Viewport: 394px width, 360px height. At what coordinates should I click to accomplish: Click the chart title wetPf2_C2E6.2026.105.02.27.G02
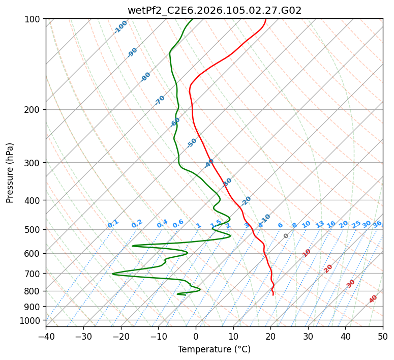[214, 10]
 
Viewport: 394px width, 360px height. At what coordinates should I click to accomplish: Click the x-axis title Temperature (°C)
[214, 350]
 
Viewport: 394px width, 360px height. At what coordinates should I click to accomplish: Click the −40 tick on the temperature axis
[46, 336]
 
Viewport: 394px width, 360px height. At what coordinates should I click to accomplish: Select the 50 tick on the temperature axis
[383, 336]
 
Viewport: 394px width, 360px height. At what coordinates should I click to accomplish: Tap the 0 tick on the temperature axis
[196, 336]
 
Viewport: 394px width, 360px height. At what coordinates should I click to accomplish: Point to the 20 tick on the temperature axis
[270, 336]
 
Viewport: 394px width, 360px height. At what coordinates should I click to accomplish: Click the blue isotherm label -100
[121, 27]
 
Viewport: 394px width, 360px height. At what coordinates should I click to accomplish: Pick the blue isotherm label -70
[160, 100]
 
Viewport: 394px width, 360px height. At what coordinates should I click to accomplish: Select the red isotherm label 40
[373, 299]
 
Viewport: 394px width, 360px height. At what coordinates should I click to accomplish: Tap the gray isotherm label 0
[286, 236]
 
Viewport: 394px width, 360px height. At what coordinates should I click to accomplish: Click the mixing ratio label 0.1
[113, 223]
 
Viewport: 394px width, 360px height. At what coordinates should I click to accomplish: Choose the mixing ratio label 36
[377, 224]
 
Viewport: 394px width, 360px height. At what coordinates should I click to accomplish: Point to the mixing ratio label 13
[320, 224]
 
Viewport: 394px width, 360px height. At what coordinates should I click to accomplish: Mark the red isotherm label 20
[328, 268]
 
